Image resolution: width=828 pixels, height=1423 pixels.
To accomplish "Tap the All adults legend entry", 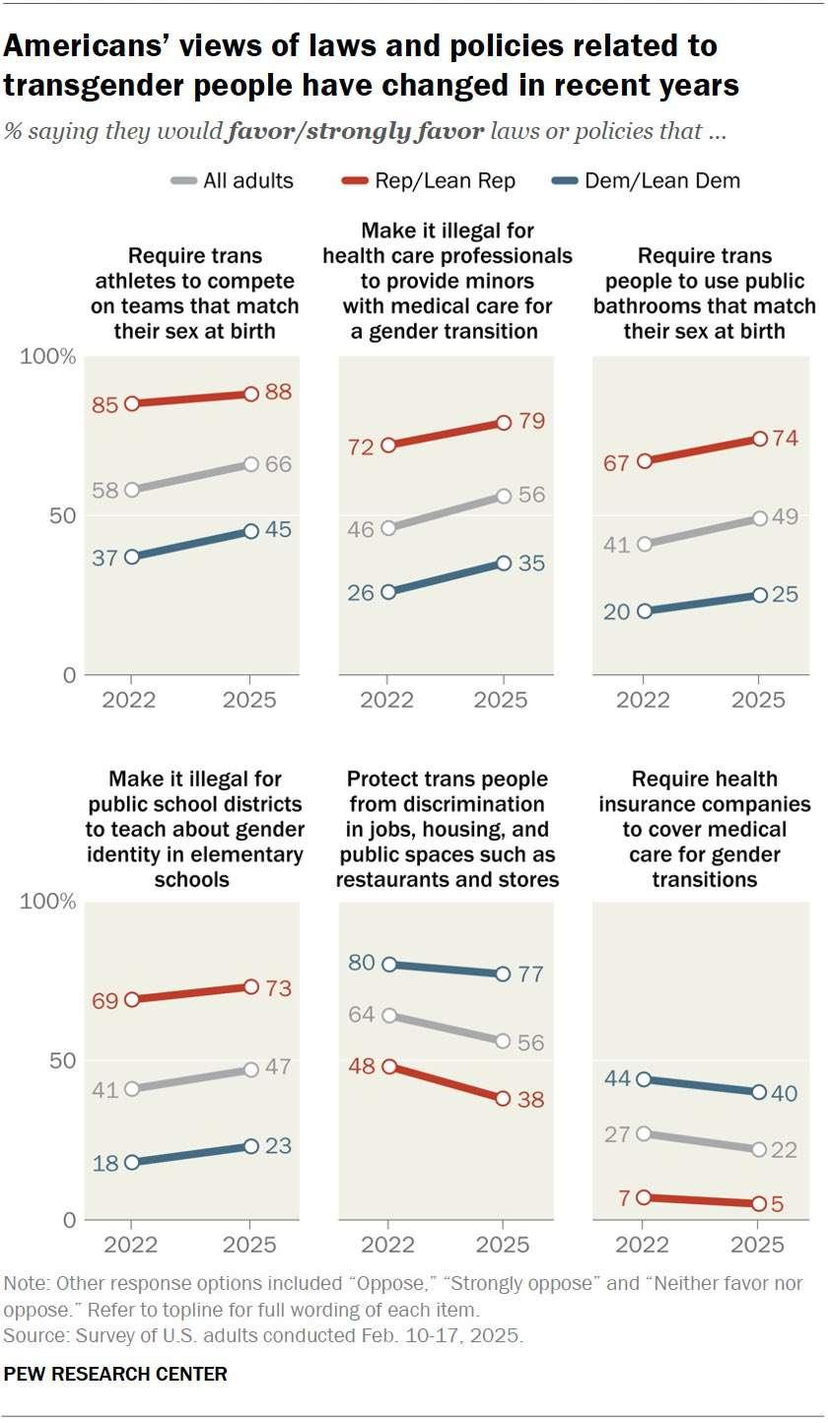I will pyautogui.click(x=233, y=180).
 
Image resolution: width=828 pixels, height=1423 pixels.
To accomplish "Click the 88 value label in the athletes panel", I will pyautogui.click(x=279, y=392).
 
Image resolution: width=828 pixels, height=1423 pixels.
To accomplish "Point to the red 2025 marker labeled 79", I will pyautogui.click(x=504, y=423).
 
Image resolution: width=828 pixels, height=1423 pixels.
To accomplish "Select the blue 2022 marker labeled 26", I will pyautogui.click(x=387, y=591).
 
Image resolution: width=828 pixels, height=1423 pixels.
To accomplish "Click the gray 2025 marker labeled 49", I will pyautogui.click(x=759, y=518).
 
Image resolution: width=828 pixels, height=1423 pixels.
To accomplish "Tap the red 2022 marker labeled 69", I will pyautogui.click(x=132, y=999).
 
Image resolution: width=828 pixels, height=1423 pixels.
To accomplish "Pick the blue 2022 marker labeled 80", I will pyautogui.click(x=387, y=964).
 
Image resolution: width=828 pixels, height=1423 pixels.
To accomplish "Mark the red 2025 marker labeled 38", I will pyautogui.click(x=504, y=1098).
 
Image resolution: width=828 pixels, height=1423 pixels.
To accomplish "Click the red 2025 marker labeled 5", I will pyautogui.click(x=759, y=1203).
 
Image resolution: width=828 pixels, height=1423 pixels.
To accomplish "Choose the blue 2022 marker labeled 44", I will pyautogui.click(x=643, y=1079).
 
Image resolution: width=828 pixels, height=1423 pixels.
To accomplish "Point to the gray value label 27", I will pyautogui.click(x=616, y=1133).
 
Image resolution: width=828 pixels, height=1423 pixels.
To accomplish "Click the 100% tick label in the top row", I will pyautogui.click(x=48, y=356).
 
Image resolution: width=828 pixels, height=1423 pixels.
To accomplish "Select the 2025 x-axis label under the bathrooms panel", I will pyautogui.click(x=759, y=700).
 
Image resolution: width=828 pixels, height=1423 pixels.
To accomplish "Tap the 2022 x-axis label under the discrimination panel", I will pyautogui.click(x=387, y=1245).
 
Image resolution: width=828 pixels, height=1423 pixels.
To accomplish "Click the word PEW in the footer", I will pyautogui.click(x=24, y=1374).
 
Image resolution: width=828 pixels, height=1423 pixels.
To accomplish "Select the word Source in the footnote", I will pyautogui.click(x=31, y=1335).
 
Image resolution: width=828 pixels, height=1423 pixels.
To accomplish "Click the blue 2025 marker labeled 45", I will pyautogui.click(x=250, y=531).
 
